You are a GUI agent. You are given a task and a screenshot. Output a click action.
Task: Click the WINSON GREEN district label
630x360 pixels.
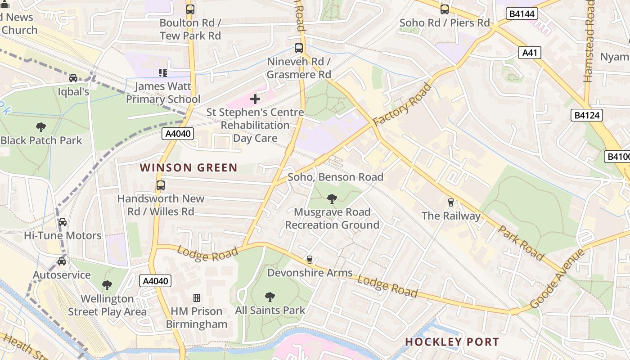coord(189,168)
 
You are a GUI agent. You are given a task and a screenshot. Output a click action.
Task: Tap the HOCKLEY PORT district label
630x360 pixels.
coord(452,342)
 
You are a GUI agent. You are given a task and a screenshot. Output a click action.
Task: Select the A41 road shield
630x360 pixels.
coord(529,53)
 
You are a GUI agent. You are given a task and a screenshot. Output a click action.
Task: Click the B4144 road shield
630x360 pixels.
coord(522,14)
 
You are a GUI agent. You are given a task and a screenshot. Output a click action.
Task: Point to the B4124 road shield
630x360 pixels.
coord(587,115)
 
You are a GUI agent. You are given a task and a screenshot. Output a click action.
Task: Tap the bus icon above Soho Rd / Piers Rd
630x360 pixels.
coord(445,9)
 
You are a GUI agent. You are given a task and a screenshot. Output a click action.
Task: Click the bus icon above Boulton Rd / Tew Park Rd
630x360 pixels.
coord(190,9)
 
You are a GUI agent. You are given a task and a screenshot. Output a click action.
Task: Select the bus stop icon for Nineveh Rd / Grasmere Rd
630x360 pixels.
coord(299,48)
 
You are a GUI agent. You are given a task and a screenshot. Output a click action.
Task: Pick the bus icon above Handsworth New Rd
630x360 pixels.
coord(160,185)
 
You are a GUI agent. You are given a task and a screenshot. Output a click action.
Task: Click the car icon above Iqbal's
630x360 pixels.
coord(73,78)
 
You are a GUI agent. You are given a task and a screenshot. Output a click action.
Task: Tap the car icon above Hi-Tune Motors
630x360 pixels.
coord(63,222)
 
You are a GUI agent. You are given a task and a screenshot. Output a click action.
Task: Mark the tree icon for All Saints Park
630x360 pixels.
coord(270,297)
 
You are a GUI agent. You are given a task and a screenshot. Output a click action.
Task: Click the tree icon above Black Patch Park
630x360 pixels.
coord(41,127)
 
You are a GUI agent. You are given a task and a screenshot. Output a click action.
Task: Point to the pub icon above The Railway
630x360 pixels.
coord(450,202)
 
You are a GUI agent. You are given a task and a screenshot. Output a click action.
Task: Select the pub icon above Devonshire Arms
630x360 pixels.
coord(309,259)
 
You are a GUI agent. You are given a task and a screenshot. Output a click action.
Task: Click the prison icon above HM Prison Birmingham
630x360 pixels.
coord(197,297)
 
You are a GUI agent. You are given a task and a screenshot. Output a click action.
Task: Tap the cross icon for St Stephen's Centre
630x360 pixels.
coord(255,99)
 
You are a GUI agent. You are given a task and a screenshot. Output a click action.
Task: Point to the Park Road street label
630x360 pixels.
coord(521,242)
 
